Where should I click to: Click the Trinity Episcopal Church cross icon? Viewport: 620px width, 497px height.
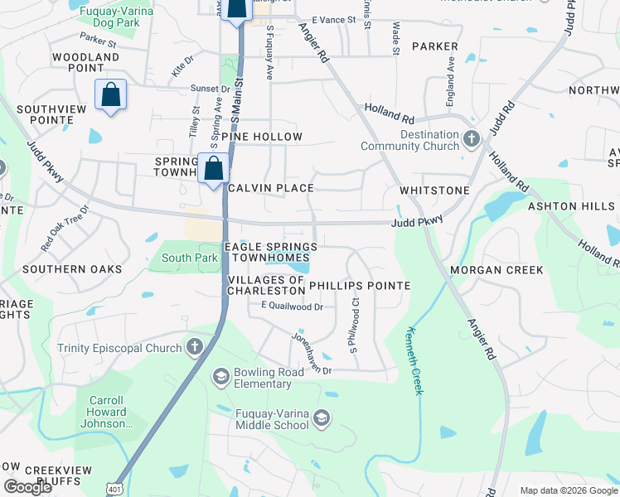tap(195, 347)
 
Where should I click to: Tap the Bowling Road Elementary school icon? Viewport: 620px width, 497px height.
tap(221, 378)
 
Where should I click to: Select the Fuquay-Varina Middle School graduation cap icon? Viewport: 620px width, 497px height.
tap(322, 418)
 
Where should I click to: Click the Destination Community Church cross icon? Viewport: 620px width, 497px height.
tap(472, 138)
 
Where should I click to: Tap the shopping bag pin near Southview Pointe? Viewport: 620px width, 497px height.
tap(110, 95)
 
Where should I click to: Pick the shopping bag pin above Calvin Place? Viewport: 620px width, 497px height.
tap(214, 168)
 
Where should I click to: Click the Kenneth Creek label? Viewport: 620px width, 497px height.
tap(414, 359)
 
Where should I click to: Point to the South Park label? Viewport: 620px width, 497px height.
tap(189, 258)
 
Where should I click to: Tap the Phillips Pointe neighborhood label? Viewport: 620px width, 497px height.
tap(360, 286)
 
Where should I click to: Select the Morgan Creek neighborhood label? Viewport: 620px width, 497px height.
tap(496, 270)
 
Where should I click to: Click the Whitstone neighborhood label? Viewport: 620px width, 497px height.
tap(434, 191)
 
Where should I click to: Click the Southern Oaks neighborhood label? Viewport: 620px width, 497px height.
tap(66, 269)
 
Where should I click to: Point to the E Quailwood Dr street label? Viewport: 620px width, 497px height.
tap(291, 306)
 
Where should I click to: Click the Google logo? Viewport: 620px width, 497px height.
tap(27, 487)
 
